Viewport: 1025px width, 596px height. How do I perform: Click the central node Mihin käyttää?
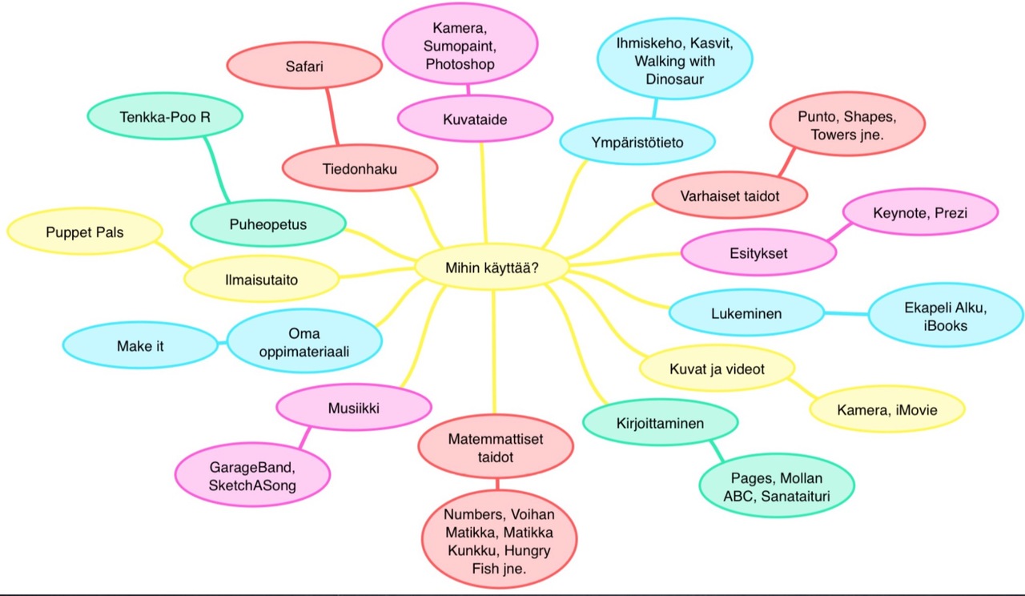[492, 268]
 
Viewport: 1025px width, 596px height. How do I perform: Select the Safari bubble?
[303, 67]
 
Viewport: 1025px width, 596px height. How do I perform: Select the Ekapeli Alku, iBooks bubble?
[946, 318]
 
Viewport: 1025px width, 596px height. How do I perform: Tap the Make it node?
[140, 347]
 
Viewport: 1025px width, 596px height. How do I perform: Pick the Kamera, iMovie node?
[886, 410]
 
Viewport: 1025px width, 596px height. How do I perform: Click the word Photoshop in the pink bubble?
[460, 63]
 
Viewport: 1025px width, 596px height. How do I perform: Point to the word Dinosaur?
[676, 79]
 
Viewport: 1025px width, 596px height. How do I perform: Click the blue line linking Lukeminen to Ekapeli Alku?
[847, 312]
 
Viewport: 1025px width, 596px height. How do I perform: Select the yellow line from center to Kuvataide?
[483, 192]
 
